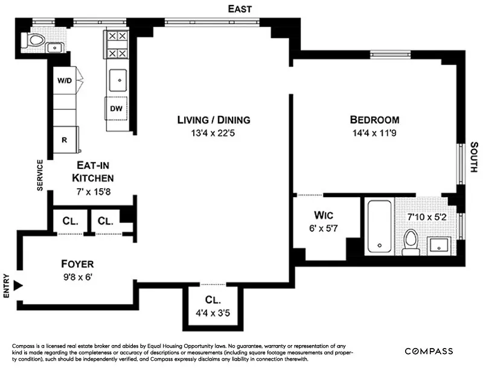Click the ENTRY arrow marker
(18, 285)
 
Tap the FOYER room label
(77, 264)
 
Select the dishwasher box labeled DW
(117, 109)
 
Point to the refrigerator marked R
(65, 139)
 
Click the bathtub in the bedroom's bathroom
(379, 226)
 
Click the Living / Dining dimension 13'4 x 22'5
(213, 133)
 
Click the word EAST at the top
(239, 8)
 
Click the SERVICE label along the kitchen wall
(40, 175)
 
